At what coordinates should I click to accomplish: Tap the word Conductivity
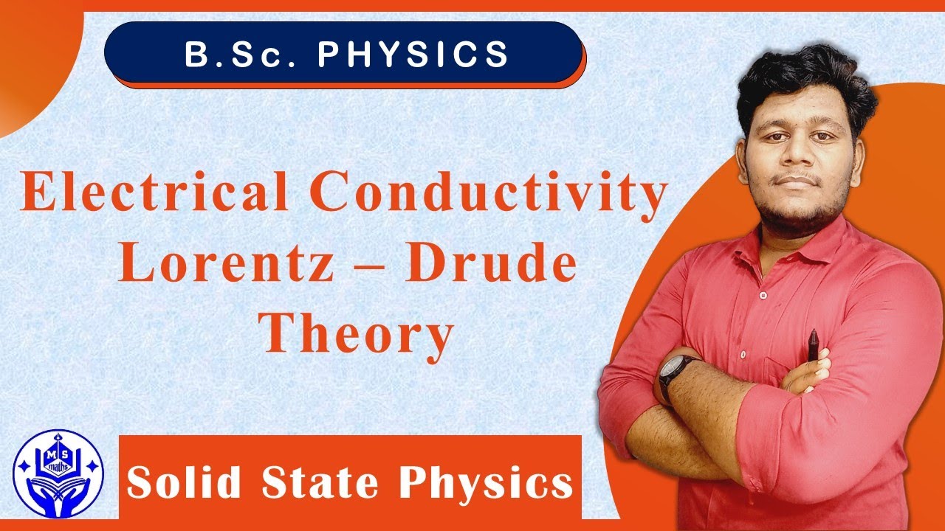click(494, 194)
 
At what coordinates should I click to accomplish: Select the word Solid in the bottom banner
click(185, 483)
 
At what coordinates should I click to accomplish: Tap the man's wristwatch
click(676, 375)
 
